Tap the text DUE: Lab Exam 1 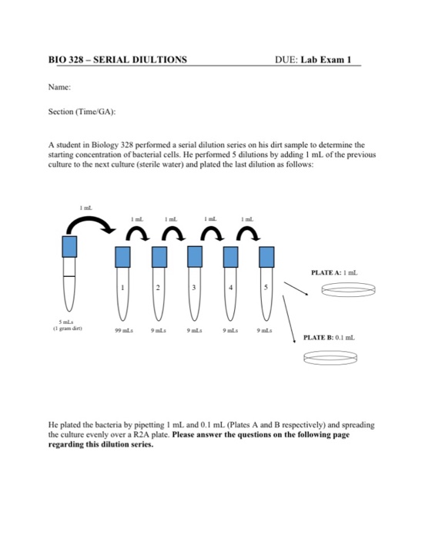click(x=317, y=60)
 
